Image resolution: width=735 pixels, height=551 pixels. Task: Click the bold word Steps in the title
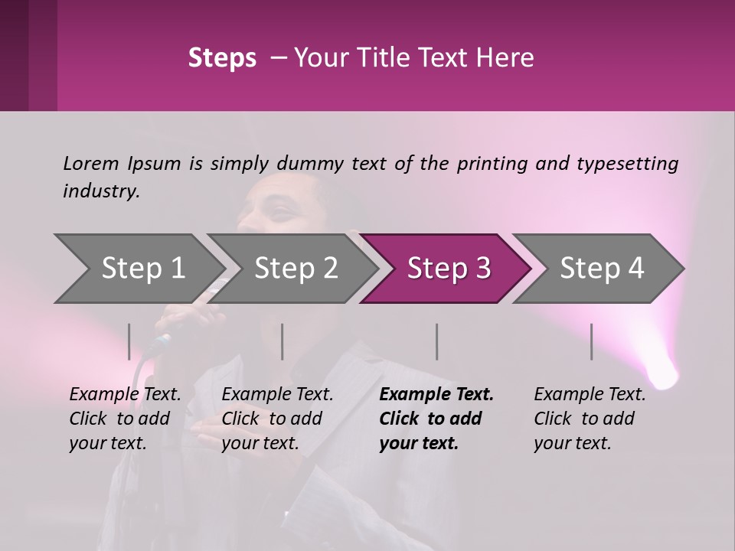[x=222, y=58]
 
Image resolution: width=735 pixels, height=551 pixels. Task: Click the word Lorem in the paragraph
[x=90, y=163]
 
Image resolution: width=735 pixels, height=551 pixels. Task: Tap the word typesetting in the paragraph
[x=627, y=163]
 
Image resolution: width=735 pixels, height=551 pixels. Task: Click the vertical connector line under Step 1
[x=129, y=341]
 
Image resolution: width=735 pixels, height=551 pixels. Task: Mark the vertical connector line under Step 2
[x=283, y=341]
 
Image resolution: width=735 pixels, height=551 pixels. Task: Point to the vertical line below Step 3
[x=436, y=341]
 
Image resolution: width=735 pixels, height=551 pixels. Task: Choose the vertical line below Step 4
[x=591, y=341]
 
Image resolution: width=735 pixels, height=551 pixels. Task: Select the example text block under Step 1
[x=125, y=419]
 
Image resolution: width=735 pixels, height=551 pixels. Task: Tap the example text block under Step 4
[x=590, y=419]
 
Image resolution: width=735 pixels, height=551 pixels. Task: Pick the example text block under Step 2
[x=277, y=419]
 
